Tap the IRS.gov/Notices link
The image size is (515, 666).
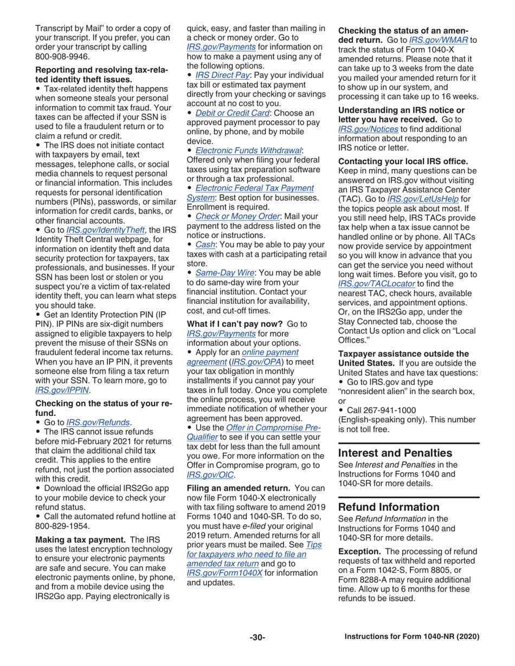coord(369,128)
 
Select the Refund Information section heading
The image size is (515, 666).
coord(388,507)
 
